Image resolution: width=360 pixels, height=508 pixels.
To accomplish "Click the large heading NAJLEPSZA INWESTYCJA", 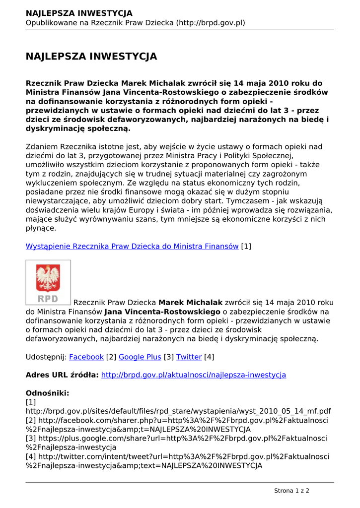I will (x=91, y=57).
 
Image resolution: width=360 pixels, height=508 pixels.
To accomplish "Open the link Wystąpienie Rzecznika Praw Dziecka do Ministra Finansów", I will (x=132, y=246).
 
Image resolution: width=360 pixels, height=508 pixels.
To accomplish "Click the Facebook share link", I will (x=86, y=357).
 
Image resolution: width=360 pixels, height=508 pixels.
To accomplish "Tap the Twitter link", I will (x=189, y=357).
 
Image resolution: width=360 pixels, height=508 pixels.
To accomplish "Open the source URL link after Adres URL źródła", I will (x=194, y=375).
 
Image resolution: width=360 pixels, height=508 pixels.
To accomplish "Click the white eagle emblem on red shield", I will (x=48, y=277).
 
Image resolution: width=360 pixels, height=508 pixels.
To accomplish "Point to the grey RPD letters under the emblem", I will (x=48, y=299).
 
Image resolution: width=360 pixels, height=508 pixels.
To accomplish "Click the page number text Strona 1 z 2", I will (x=291, y=491).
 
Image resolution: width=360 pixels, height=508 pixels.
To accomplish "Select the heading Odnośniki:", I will (x=47, y=393).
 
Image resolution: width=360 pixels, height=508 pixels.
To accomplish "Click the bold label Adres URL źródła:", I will (x=62, y=375).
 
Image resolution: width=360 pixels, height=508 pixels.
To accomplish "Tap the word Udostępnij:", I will (x=46, y=357).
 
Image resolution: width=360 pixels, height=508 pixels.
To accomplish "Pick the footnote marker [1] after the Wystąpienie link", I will (x=246, y=246).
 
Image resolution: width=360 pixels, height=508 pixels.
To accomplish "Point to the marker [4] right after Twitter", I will (x=209, y=357).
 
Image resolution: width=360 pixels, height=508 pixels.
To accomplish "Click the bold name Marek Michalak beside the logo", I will (x=190, y=303).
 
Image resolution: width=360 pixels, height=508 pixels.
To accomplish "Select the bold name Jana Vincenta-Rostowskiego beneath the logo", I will (x=162, y=312).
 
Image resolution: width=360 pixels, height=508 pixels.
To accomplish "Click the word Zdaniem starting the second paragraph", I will (x=42, y=147).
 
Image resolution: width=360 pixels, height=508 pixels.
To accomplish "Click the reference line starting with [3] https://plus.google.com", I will (x=176, y=439).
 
